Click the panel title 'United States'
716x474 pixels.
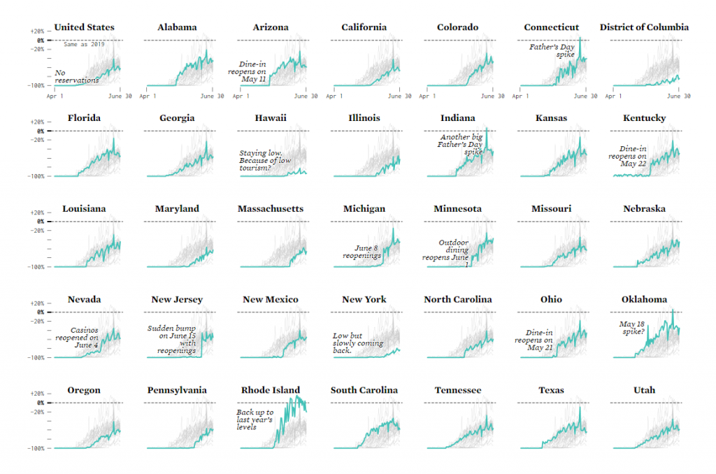coord(84,27)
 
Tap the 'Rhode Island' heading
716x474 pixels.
coord(270,390)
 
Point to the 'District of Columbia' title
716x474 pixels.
coord(644,27)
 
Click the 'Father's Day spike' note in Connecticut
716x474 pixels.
coord(552,50)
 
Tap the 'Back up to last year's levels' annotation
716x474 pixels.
coord(255,419)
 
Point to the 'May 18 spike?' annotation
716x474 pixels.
coord(632,327)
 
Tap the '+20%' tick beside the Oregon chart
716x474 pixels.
coord(38,394)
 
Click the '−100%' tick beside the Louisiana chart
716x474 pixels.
coord(36,267)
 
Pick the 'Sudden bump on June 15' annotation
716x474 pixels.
coord(172,339)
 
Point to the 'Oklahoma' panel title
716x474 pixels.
coord(644,299)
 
